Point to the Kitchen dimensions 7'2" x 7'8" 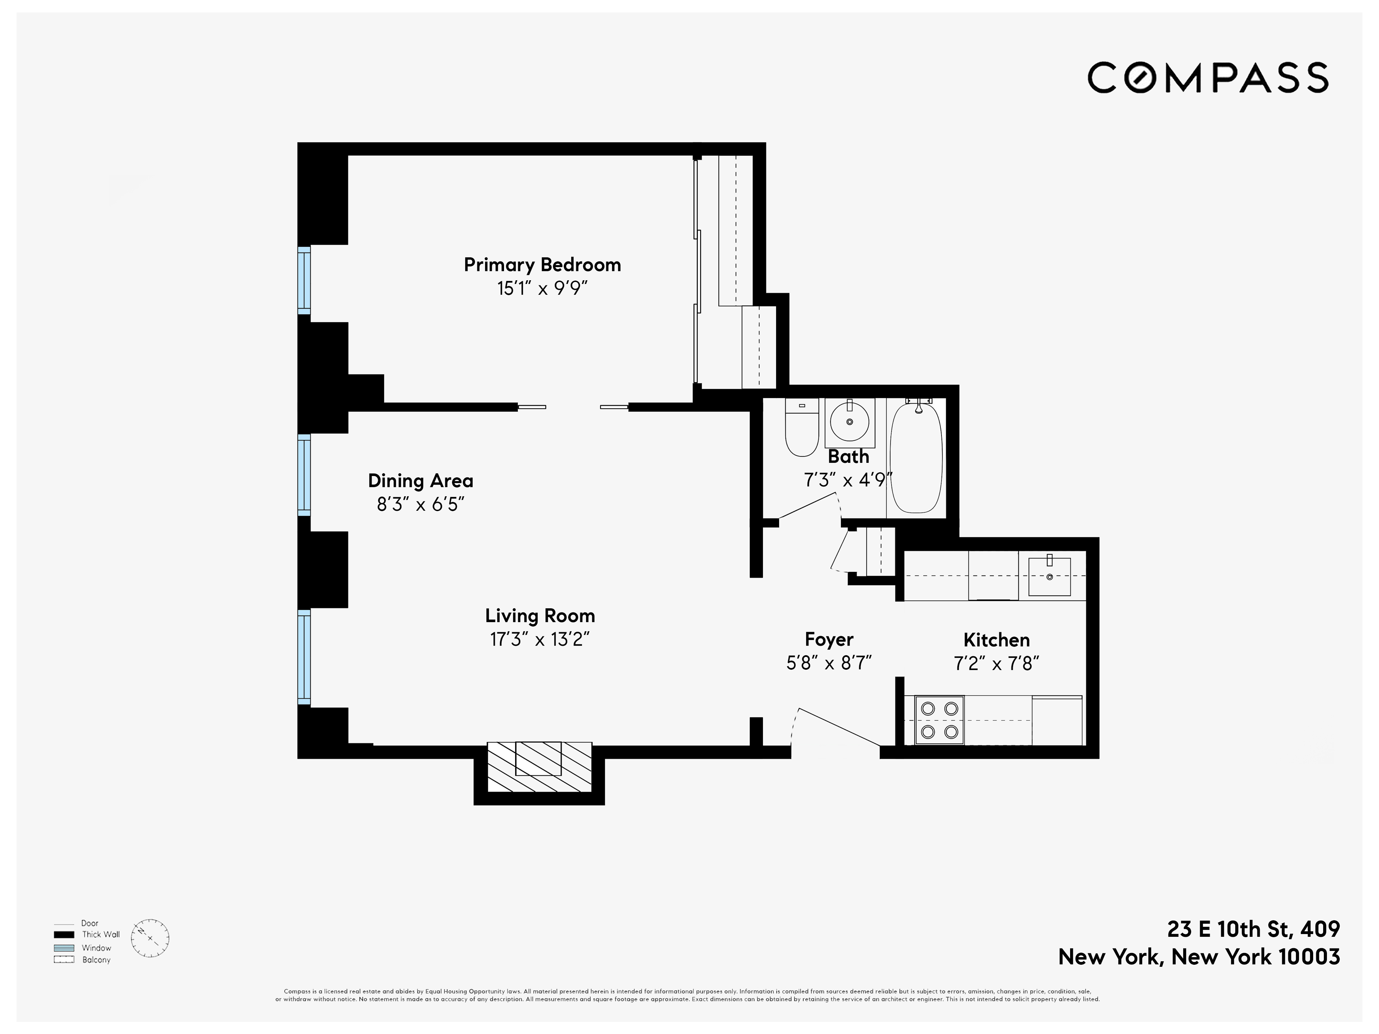tap(996, 664)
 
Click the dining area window tap(304, 475)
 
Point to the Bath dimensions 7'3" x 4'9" tap(848, 480)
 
